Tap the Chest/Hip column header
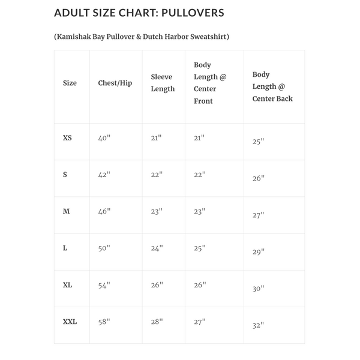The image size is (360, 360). [115, 83]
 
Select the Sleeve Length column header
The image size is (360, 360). [163, 83]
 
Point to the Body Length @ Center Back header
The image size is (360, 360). [272, 86]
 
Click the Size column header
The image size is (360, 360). [70, 83]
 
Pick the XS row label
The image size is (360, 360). [67, 138]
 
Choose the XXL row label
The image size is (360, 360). [70, 322]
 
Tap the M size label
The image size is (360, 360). [67, 211]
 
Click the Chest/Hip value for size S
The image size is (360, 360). [104, 175]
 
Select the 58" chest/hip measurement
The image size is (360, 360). [104, 322]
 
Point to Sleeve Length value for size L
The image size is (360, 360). [157, 248]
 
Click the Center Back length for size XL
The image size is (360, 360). [259, 289]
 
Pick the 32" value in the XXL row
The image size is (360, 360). [259, 325]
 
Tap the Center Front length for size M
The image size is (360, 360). [200, 211]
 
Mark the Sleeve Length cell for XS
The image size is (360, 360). [157, 138]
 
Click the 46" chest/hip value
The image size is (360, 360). [104, 211]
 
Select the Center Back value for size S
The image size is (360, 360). [259, 178]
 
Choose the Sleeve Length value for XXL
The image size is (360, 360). [157, 322]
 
